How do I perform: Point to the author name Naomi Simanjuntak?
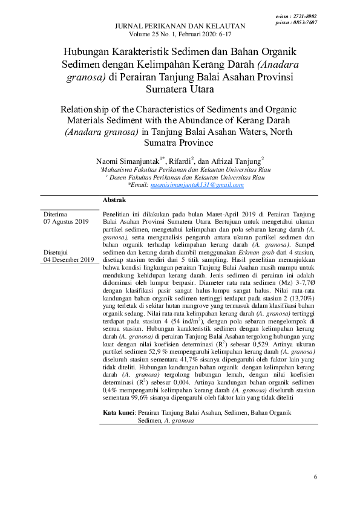[126, 161]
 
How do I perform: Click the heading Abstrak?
[114, 199]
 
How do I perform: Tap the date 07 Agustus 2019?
[66, 222]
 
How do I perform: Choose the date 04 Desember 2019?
[68, 259]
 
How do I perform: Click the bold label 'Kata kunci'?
[119, 412]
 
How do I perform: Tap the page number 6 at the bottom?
[315, 478]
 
